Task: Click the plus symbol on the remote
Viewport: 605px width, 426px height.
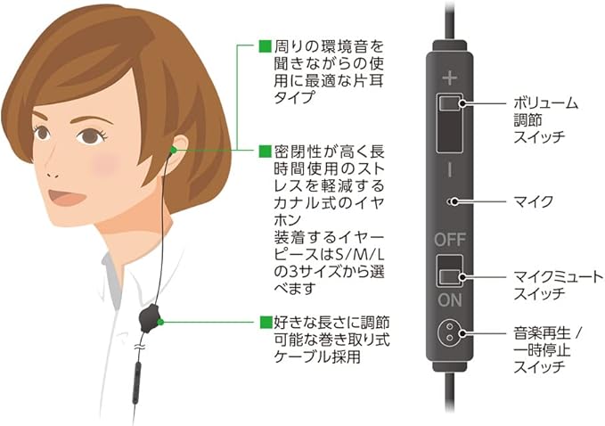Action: pos(448,78)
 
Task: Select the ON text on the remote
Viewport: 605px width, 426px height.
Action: pos(449,300)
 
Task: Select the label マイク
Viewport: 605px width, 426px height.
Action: pos(533,201)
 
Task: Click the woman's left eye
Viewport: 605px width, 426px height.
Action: pos(88,136)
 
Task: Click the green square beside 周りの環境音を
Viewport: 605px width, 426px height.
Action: pos(263,45)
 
